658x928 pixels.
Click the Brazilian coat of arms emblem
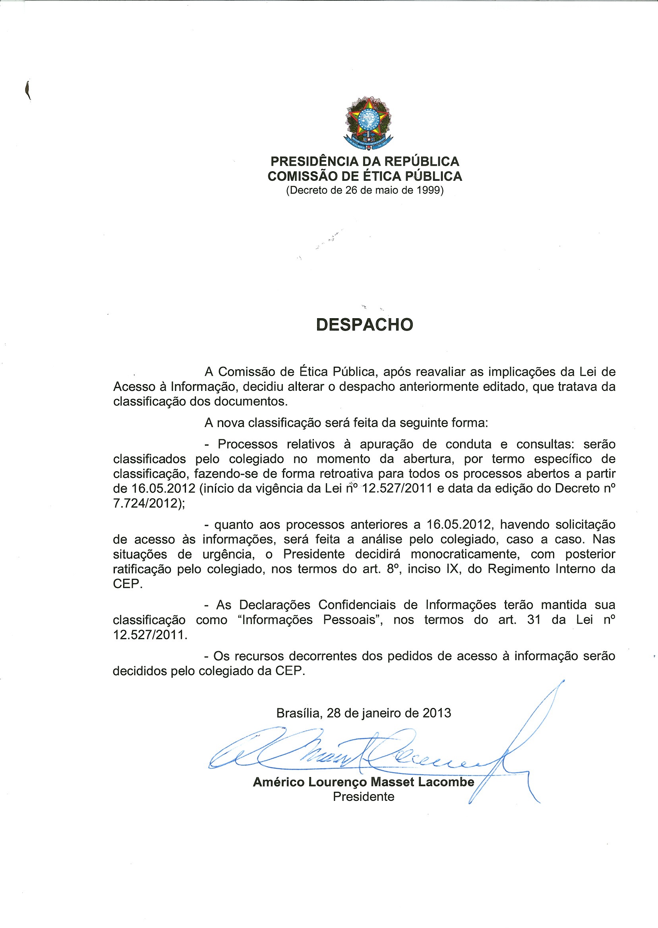[368, 123]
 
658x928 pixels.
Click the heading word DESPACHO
[364, 325]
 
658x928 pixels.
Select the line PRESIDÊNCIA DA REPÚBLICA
[365, 162]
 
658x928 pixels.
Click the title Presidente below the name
[364, 797]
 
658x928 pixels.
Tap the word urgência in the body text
[228, 555]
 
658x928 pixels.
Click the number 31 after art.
[534, 620]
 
